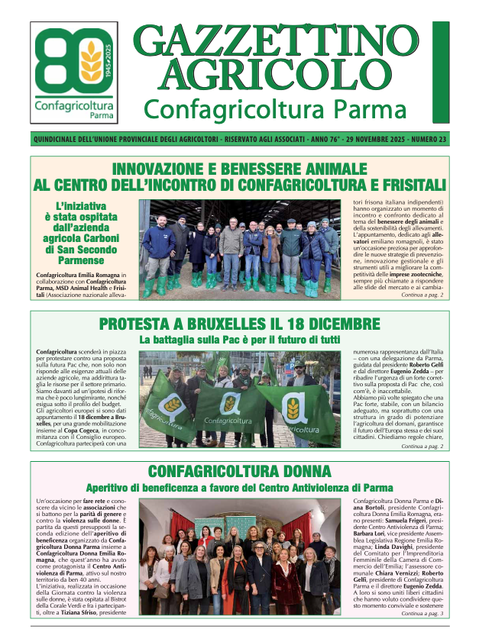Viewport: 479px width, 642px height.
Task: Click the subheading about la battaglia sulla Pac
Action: [x=239, y=339]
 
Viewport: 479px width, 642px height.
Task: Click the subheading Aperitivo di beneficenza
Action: [x=239, y=487]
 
